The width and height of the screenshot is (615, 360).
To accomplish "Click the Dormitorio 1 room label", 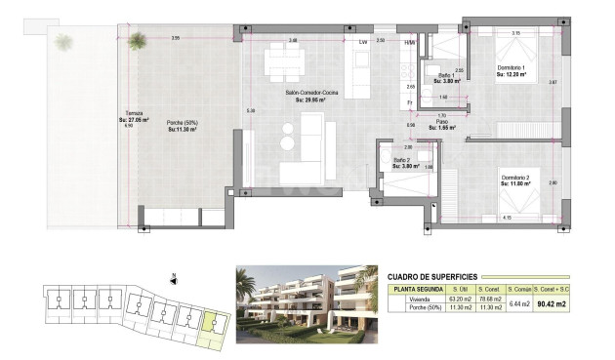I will point(512,67).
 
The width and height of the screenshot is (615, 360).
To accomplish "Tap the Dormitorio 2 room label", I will point(514,178).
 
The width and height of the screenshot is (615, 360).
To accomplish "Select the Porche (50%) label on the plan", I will point(184,122).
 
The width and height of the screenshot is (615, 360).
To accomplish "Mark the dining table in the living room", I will point(288,65).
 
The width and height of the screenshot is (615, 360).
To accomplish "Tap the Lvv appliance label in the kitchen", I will point(363,42).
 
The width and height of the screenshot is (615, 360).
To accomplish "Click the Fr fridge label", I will point(411,102).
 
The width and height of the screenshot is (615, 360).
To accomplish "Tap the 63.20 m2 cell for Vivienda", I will point(456,300).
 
